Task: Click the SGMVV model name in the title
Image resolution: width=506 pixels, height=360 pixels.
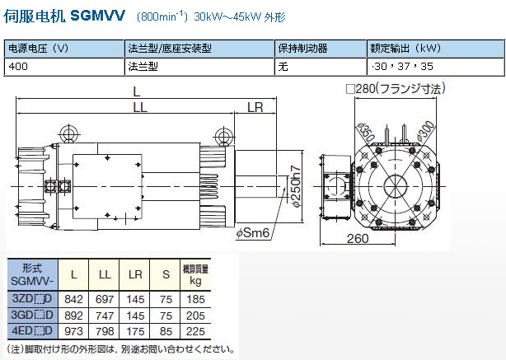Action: coord(97,15)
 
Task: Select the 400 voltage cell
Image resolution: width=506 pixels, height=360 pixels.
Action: coord(18,67)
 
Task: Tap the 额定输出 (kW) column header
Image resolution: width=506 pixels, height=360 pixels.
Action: coord(405,49)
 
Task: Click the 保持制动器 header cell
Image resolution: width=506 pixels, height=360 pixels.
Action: coord(302,49)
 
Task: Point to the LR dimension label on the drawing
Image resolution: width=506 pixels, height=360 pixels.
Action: coord(255,107)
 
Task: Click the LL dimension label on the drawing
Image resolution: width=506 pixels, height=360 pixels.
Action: coord(140,107)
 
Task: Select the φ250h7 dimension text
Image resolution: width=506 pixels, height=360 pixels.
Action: coord(296,186)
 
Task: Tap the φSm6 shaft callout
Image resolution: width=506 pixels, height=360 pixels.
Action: coord(252,232)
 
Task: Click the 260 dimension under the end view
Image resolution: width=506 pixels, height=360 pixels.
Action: coord(358,239)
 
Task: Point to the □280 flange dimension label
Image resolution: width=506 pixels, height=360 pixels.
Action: coord(396,88)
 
